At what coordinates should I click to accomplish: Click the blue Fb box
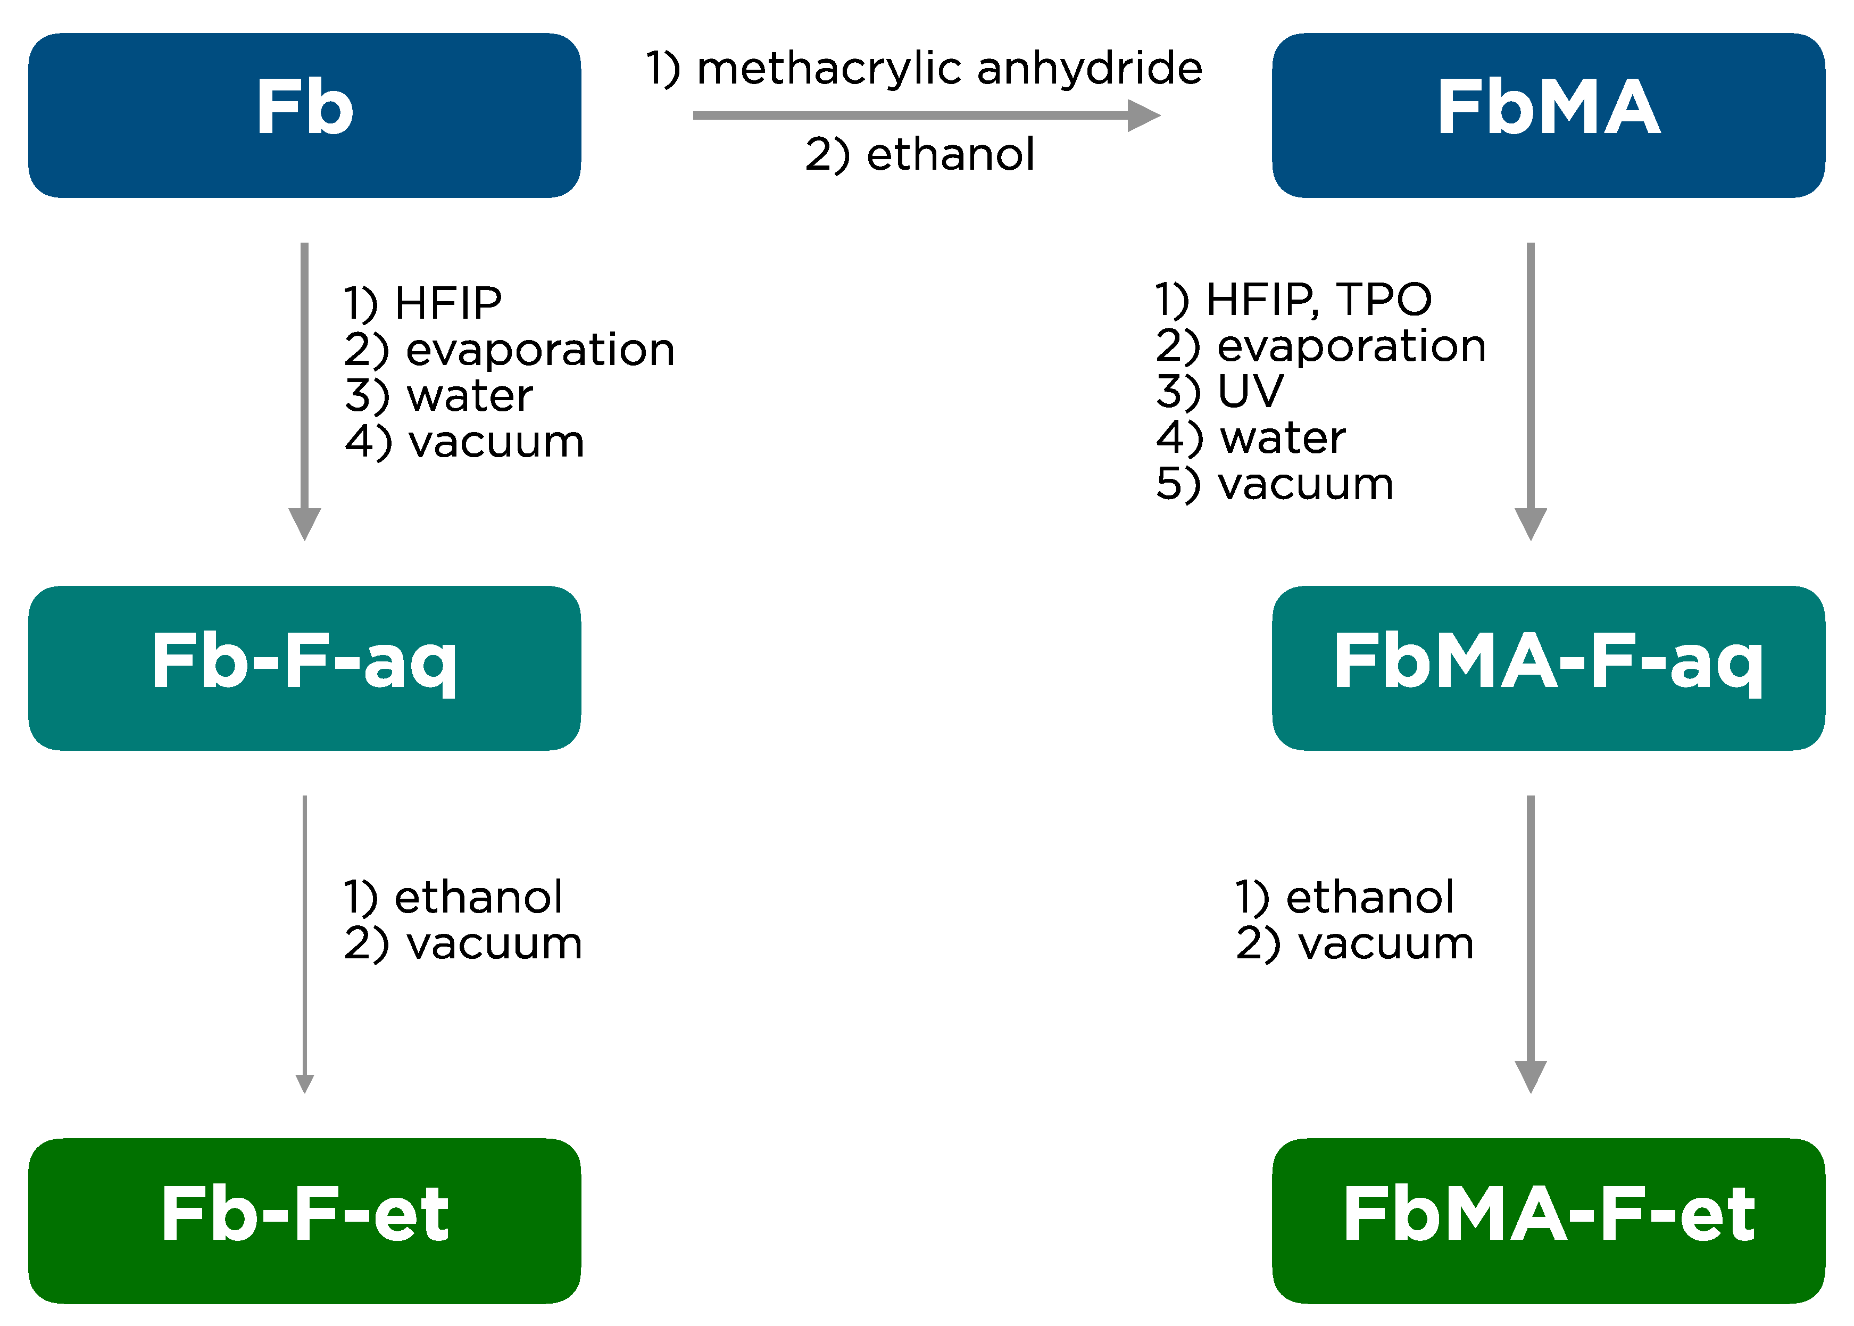pyautogui.click(x=304, y=115)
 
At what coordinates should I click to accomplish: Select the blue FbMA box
pyautogui.click(x=1548, y=115)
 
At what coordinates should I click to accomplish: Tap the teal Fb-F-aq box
pyautogui.click(x=304, y=667)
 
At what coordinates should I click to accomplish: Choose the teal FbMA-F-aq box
pyautogui.click(x=1548, y=667)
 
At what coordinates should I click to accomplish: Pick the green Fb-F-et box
pyautogui.click(x=304, y=1220)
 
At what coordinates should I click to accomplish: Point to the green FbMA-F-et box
pyautogui.click(x=1548, y=1220)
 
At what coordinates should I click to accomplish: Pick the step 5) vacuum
pyautogui.click(x=1274, y=484)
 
